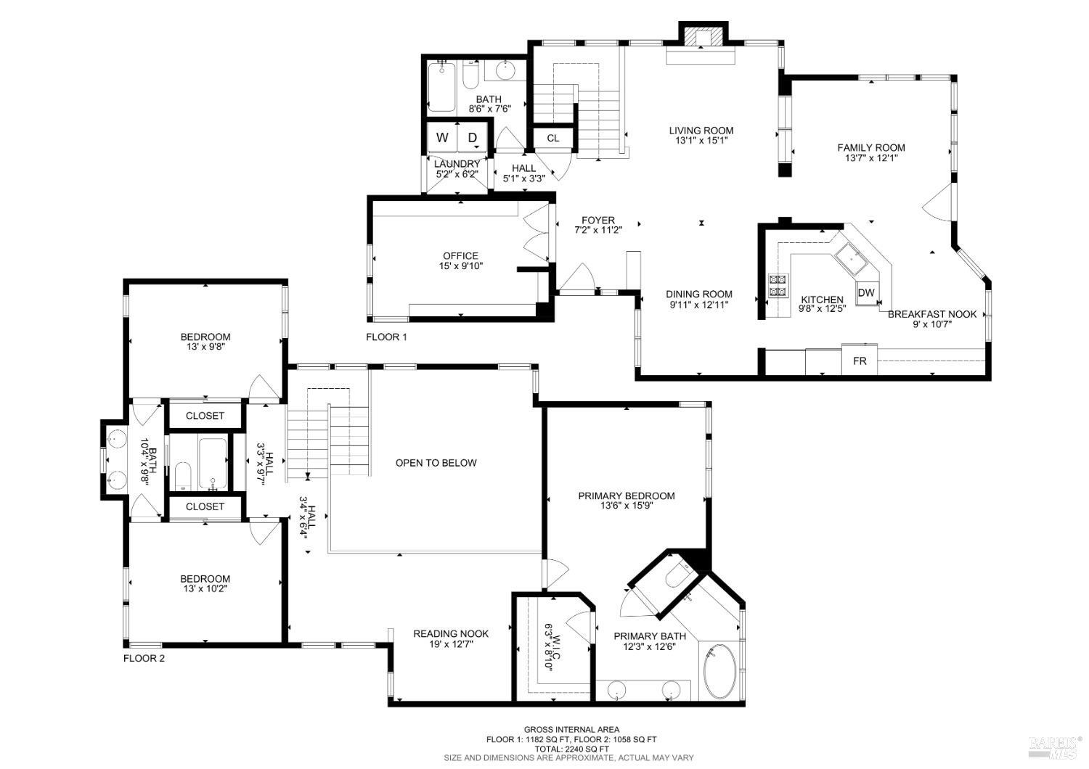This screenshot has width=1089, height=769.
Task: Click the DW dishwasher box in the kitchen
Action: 866,293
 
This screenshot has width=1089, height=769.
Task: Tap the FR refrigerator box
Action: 860,361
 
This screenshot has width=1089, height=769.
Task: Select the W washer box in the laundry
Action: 442,138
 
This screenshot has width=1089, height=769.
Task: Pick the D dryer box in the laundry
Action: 472,138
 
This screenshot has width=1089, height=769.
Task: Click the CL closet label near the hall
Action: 553,138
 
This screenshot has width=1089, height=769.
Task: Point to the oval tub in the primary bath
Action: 719,671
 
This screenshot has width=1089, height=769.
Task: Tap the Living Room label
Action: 701,131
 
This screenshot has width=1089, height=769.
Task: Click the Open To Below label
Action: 436,463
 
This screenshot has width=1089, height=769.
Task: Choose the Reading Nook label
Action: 451,633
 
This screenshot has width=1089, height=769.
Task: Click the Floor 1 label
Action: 386,337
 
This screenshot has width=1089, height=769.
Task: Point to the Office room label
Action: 461,255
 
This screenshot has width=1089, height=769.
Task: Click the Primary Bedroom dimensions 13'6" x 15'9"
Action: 627,506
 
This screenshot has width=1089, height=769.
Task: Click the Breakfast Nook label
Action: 932,314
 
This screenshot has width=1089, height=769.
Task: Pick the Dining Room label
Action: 699,294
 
